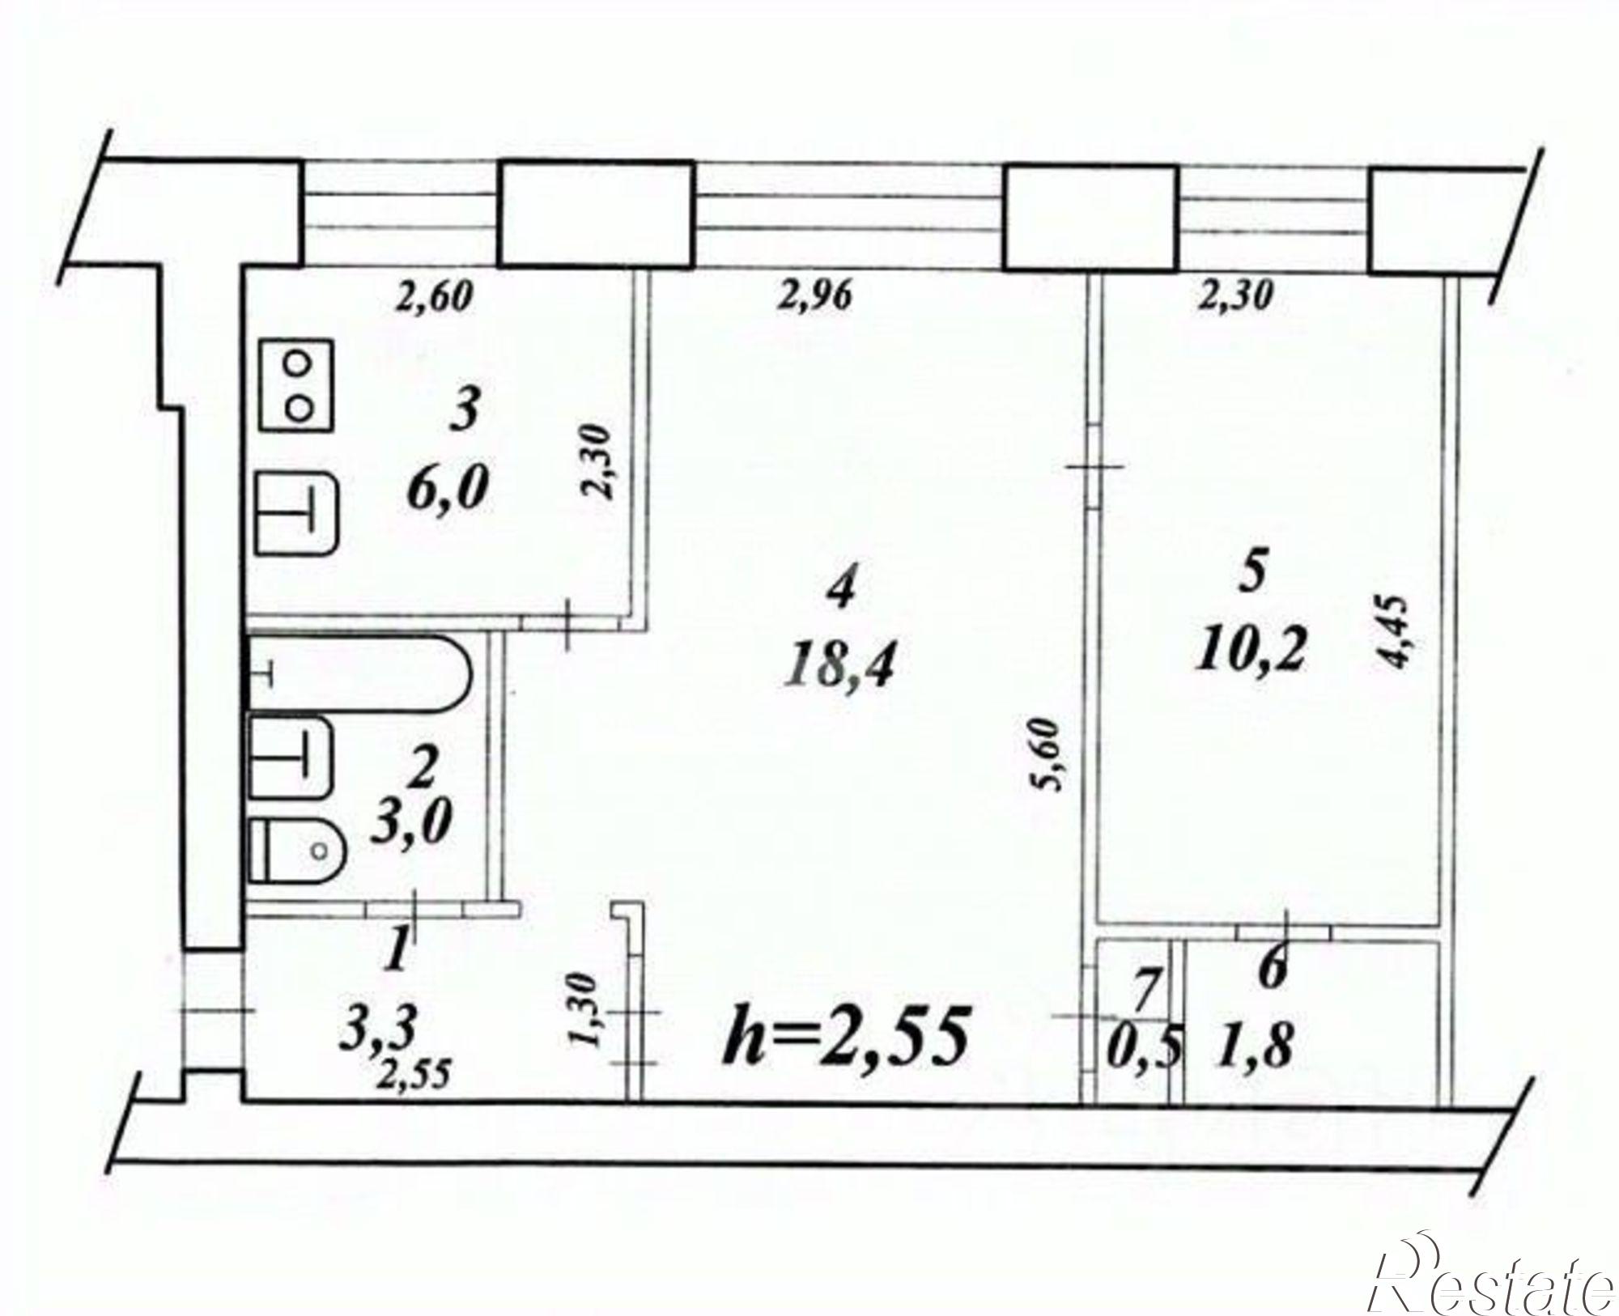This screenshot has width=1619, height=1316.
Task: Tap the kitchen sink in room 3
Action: click(x=298, y=512)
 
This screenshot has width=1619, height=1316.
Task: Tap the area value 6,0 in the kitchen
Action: click(x=451, y=490)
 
